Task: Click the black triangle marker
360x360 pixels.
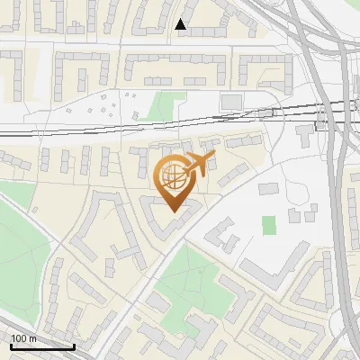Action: click(x=182, y=24)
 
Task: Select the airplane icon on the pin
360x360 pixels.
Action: click(x=199, y=164)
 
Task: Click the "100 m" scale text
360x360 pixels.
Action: click(x=23, y=338)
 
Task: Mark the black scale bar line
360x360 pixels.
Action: click(x=41, y=346)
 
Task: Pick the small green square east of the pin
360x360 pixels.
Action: click(x=269, y=225)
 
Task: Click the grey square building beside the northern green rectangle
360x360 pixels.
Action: click(x=231, y=101)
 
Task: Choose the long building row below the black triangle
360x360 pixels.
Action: click(x=175, y=67)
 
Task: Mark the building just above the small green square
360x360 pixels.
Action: click(x=269, y=189)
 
